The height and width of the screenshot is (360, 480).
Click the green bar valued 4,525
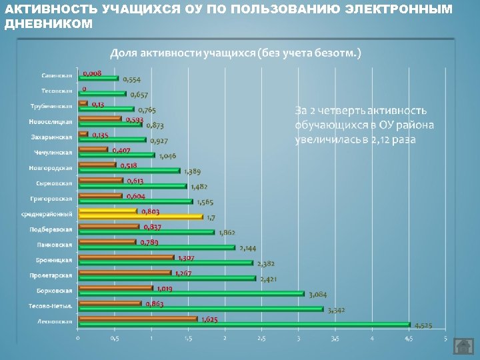coord(244,325)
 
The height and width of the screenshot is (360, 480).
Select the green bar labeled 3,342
coord(201,309)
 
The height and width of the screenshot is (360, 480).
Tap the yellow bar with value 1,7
coord(141,217)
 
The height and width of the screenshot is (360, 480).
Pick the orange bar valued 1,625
coord(138,319)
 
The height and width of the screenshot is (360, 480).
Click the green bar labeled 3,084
coord(191,293)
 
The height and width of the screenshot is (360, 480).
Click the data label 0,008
coord(92,73)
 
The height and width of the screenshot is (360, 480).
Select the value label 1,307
coord(186,257)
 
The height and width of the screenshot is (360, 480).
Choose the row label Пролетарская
coord(51,275)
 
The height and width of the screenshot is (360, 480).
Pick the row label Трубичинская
coord(51,106)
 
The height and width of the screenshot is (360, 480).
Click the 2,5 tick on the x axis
coord(261,339)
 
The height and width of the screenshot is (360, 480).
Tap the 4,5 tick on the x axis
coord(408,339)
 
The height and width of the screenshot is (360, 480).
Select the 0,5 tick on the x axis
coord(115,339)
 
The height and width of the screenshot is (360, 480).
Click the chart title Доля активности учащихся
coord(235,53)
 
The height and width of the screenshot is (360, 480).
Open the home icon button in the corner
coord(463,347)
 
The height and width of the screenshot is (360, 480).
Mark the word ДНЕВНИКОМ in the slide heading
coord(49,23)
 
